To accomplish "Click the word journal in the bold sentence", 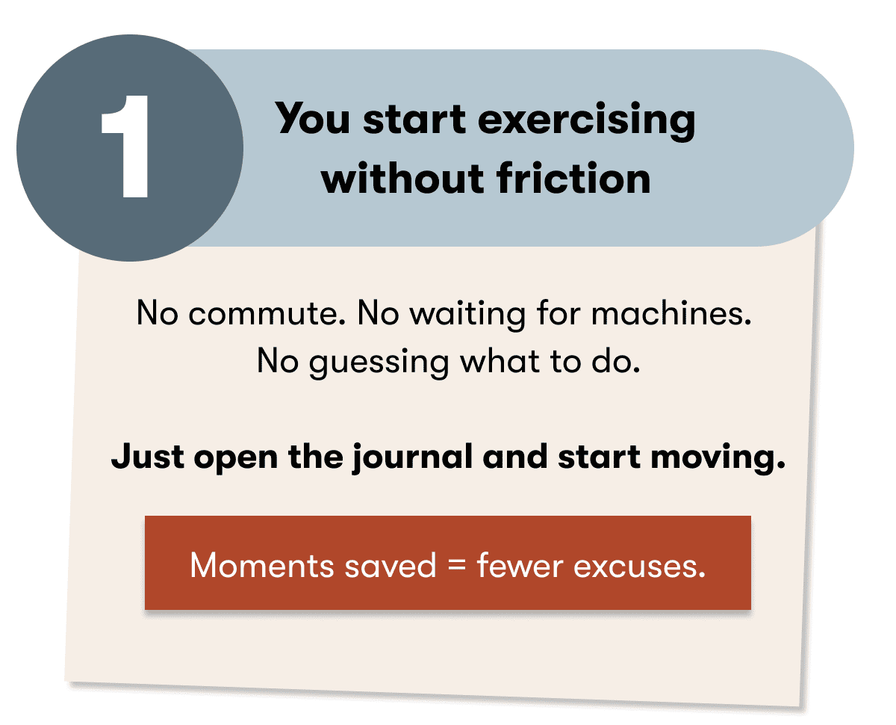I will click(x=414, y=457).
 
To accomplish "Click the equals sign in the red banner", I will click(x=456, y=567).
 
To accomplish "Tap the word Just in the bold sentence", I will click(x=149, y=457).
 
